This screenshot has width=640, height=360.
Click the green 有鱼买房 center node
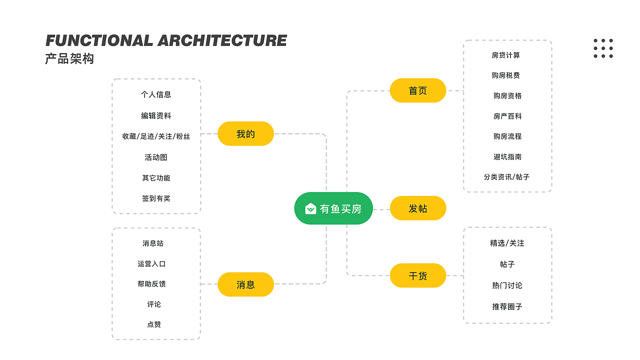pyautogui.click(x=333, y=208)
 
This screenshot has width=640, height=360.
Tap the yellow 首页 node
pyautogui.click(x=417, y=90)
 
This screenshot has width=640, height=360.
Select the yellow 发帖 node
pyautogui.click(x=417, y=208)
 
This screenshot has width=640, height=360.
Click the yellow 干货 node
pyautogui.click(x=417, y=275)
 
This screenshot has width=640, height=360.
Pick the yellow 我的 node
pyautogui.click(x=245, y=134)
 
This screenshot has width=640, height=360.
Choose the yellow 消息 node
pyautogui.click(x=245, y=284)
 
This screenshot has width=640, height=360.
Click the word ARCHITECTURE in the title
pyautogui.click(x=222, y=40)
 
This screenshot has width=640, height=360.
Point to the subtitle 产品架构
pyautogui.click(x=69, y=59)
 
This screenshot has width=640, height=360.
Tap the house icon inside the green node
pyautogui.click(x=310, y=208)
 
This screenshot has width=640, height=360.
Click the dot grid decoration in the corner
pyautogui.click(x=603, y=48)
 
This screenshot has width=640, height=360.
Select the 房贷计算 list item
pyautogui.click(x=506, y=55)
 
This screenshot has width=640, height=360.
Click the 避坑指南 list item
pyautogui.click(x=507, y=156)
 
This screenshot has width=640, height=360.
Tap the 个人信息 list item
pyautogui.click(x=156, y=94)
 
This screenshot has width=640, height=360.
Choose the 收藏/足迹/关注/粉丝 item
pyautogui.click(x=156, y=136)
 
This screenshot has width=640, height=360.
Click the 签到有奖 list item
pyautogui.click(x=156, y=198)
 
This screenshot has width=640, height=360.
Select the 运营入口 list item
pyautogui.click(x=151, y=263)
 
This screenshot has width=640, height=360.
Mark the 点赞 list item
pyautogui.click(x=154, y=324)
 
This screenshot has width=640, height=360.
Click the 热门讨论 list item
pyautogui.click(x=507, y=285)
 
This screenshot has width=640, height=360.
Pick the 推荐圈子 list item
pyautogui.click(x=507, y=306)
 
